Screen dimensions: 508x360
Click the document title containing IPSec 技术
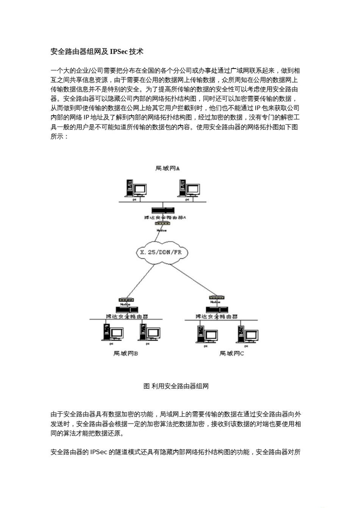(x=97, y=52)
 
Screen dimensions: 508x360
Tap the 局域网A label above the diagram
(x=167, y=168)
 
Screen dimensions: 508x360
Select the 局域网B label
(x=125, y=353)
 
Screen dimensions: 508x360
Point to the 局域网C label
(x=232, y=353)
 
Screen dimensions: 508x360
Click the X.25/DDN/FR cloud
(x=161, y=252)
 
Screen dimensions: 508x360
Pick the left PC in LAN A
(x=135, y=188)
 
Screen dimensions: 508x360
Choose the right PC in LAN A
(x=189, y=188)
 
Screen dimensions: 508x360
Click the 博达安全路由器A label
(x=165, y=217)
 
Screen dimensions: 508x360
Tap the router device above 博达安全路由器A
(x=163, y=210)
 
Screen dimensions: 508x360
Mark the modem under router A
(x=162, y=224)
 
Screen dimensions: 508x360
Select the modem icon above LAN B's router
(x=125, y=300)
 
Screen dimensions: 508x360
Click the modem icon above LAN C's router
(x=216, y=298)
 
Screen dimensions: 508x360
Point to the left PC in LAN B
(x=113, y=333)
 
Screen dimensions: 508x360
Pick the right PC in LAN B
(x=149, y=333)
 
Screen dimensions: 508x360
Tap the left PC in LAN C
(x=207, y=334)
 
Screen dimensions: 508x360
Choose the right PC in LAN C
(x=247, y=334)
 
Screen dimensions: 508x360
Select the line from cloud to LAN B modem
(x=141, y=280)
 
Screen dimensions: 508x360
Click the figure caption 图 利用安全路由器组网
(x=176, y=386)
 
